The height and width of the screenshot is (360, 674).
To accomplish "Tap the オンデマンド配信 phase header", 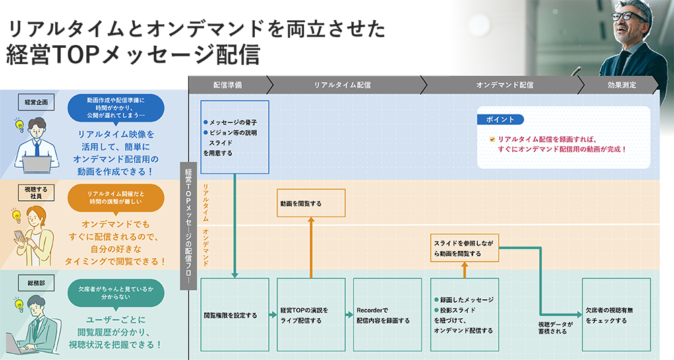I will click(505, 85).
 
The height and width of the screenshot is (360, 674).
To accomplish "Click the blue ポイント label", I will click(500, 119).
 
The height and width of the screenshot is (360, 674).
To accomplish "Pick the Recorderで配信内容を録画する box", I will click(388, 315).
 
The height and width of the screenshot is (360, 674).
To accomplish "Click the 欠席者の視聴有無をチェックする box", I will click(616, 315).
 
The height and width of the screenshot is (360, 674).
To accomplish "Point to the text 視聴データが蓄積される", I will click(555, 328).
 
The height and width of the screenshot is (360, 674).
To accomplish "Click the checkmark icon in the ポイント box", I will click(493, 138).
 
